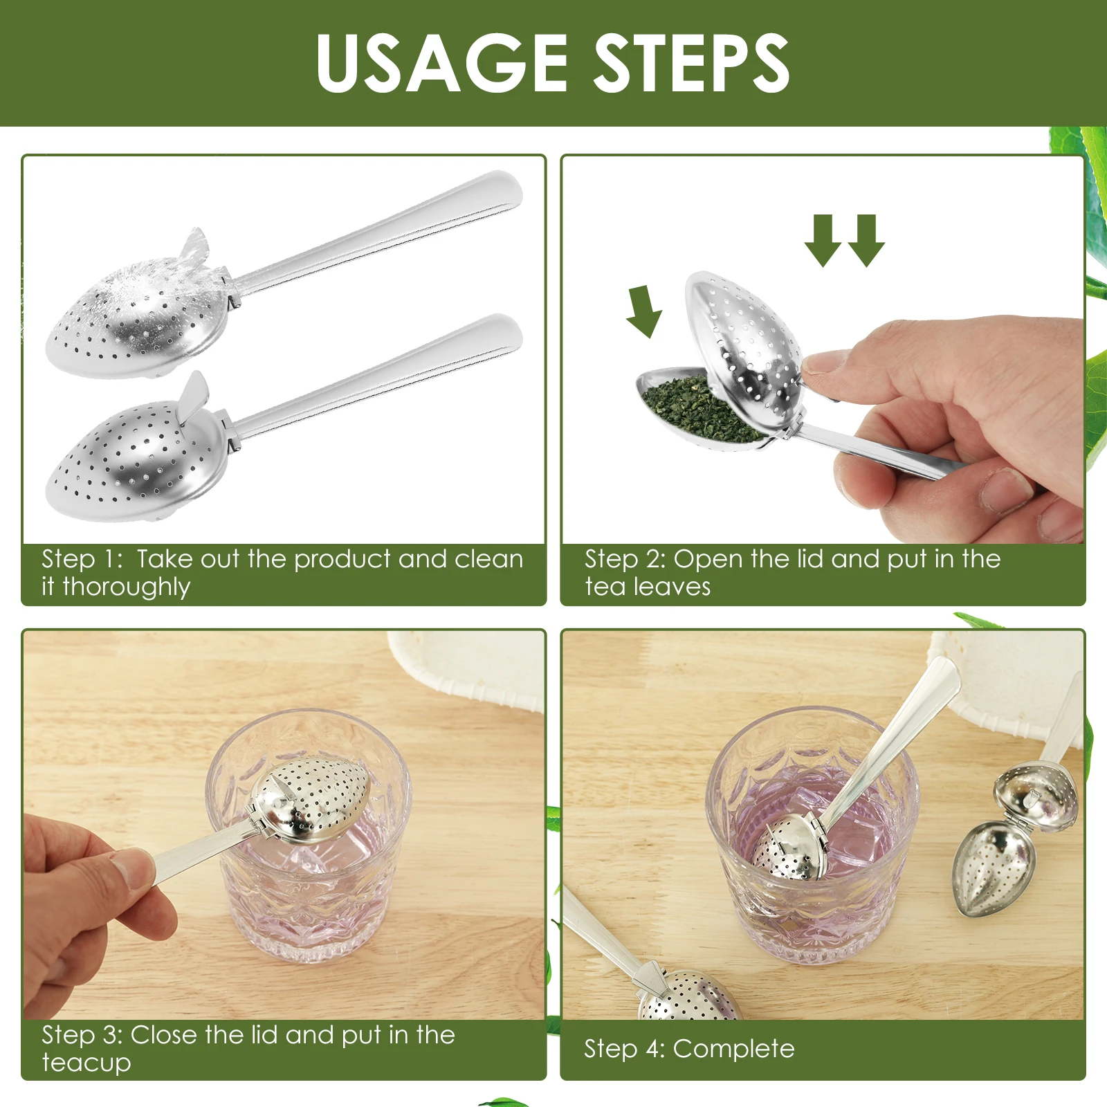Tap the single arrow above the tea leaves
644,311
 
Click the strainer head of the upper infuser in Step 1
138,315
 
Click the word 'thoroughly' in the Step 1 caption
126,587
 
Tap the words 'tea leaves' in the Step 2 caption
648,587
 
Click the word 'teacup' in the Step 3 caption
86,1062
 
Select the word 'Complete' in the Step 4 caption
733,1049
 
